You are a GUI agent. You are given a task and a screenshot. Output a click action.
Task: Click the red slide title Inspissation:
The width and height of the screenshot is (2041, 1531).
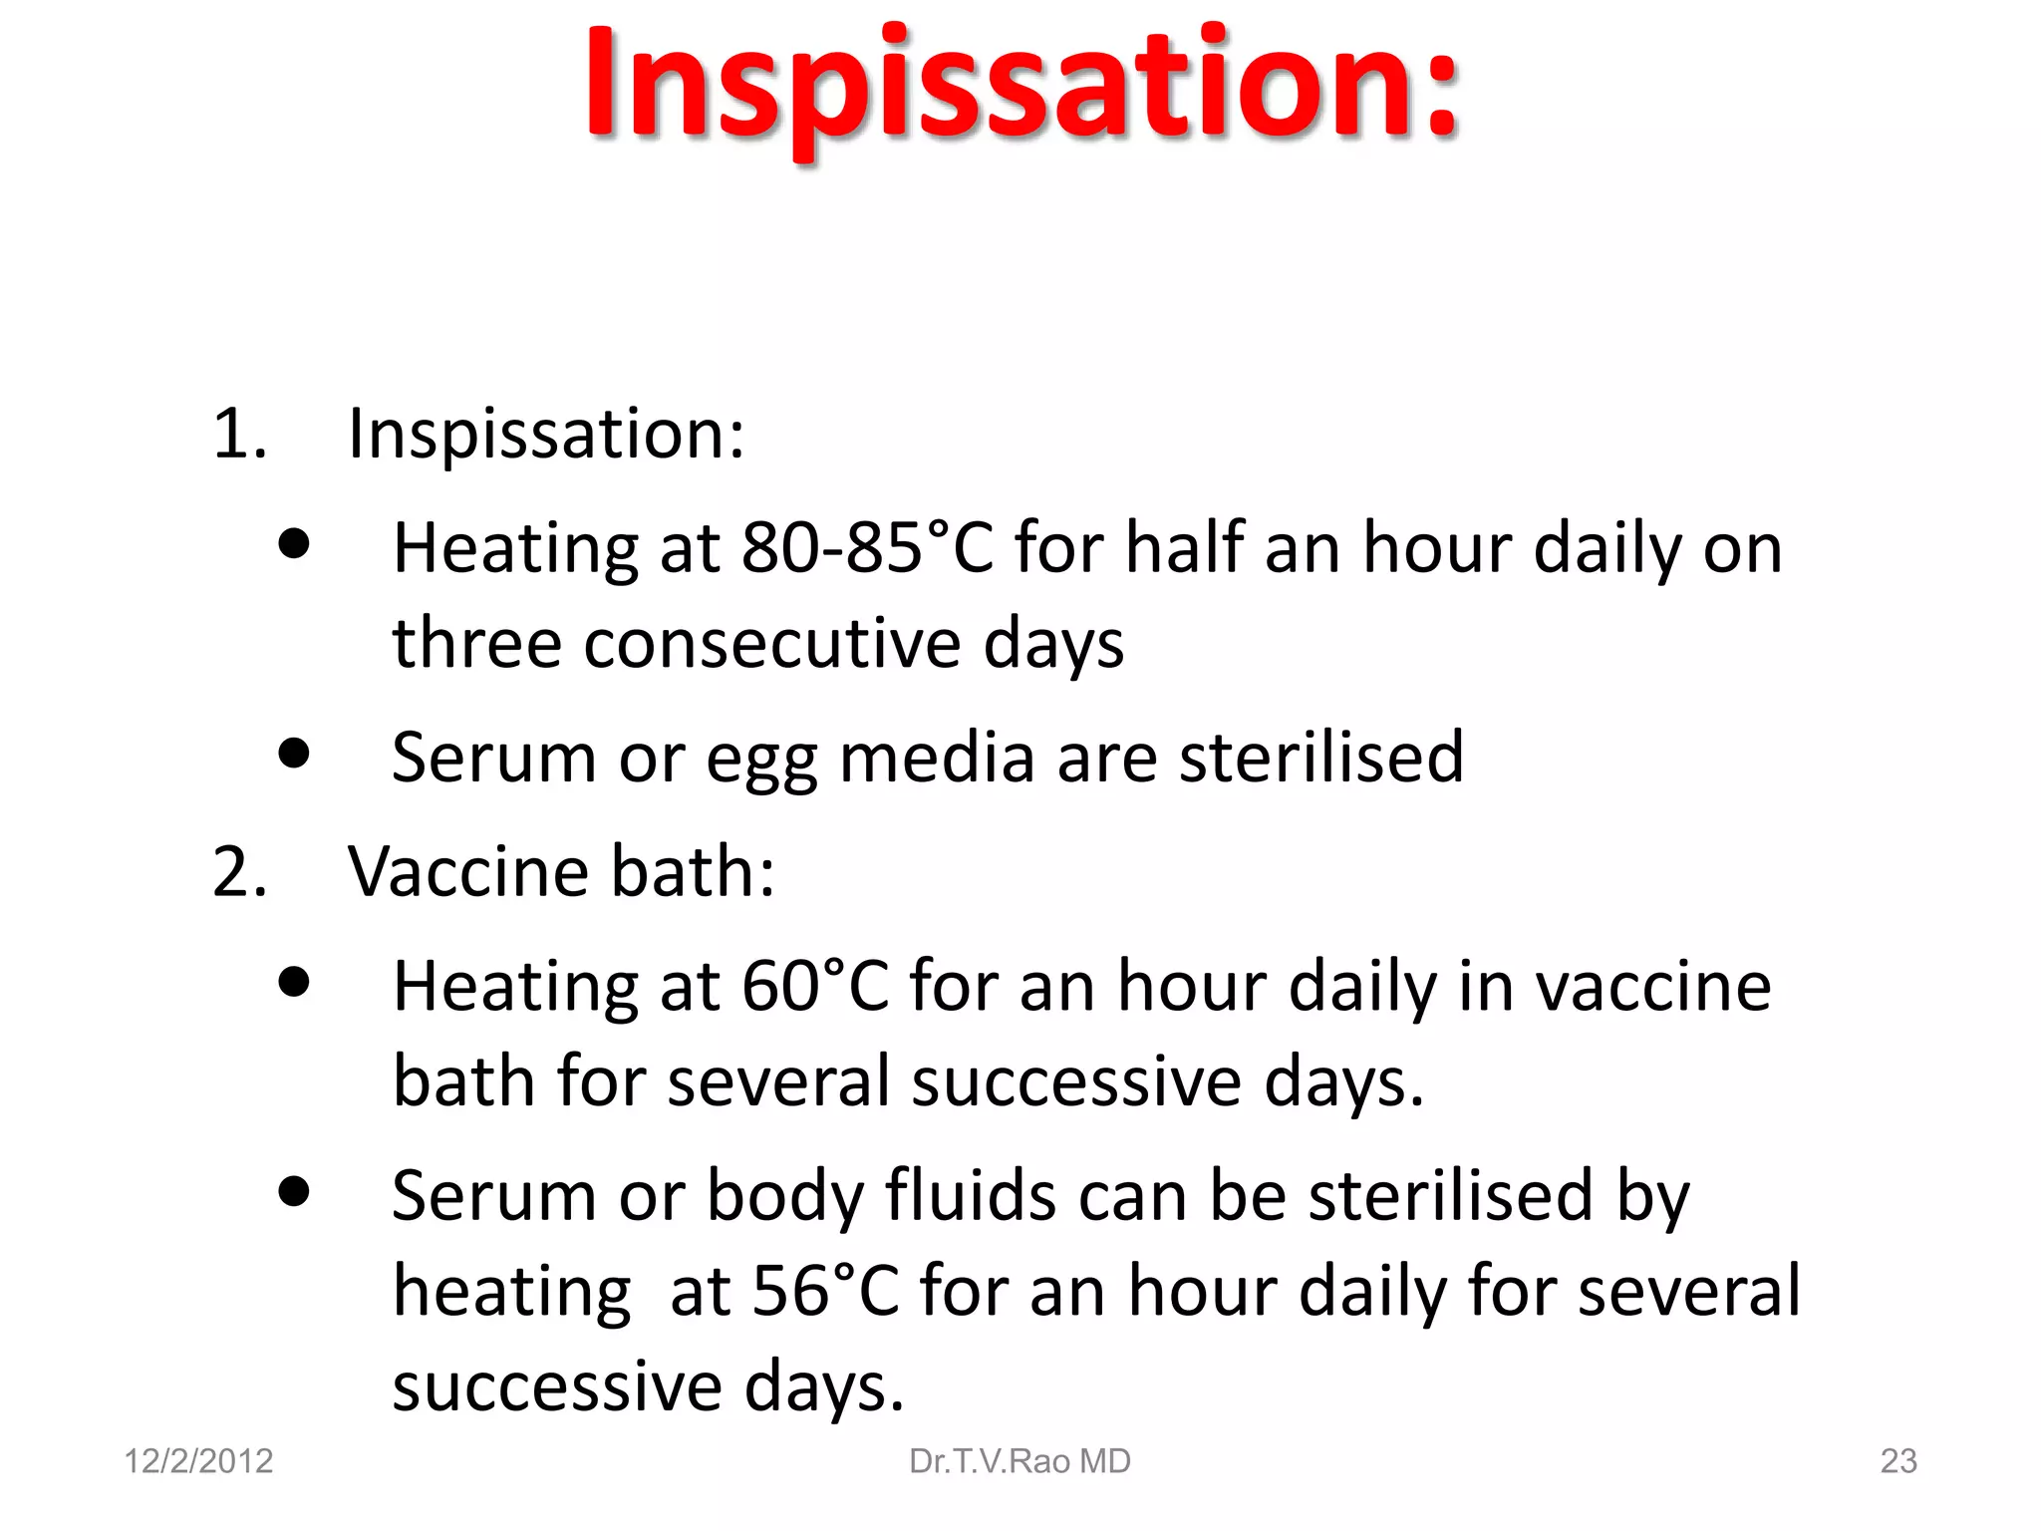click(1022, 85)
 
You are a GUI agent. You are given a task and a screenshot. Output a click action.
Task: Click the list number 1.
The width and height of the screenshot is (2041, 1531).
click(239, 435)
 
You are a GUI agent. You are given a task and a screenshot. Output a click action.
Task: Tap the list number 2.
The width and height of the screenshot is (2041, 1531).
click(239, 872)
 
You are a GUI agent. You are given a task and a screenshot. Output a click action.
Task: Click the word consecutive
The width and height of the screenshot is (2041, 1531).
click(772, 644)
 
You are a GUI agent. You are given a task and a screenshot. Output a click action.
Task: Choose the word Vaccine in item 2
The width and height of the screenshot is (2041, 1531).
click(468, 872)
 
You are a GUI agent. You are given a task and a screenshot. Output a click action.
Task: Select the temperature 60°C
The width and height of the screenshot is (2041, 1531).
click(815, 987)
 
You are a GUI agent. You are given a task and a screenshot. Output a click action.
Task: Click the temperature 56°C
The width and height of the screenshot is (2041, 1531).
click(825, 1292)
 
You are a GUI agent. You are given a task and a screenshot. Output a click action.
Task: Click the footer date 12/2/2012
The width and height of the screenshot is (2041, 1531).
click(198, 1461)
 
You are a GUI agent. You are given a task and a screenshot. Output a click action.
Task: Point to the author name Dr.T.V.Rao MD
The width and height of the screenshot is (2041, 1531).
click(1020, 1461)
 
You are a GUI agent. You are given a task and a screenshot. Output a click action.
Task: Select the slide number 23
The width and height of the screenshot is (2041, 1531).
click(1897, 1461)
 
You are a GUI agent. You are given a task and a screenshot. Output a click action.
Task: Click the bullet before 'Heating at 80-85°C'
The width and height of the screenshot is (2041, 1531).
click(294, 544)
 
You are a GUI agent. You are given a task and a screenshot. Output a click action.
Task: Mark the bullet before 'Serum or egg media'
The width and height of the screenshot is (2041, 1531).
click(294, 754)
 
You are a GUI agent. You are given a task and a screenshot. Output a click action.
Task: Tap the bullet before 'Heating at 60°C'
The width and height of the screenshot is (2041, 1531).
click(294, 982)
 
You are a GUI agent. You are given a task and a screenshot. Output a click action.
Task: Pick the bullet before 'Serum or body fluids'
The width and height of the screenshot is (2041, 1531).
click(294, 1191)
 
